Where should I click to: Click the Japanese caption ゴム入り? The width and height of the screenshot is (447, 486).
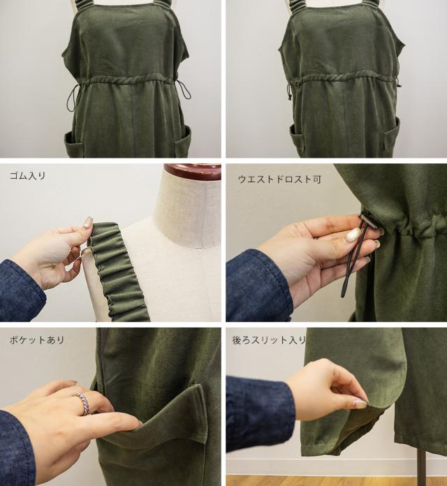[x=28, y=176]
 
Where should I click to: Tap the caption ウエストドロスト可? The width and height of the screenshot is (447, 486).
[x=279, y=179]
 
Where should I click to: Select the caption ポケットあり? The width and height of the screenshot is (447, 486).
[x=37, y=340]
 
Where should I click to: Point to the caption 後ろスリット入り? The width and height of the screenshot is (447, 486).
[x=269, y=340]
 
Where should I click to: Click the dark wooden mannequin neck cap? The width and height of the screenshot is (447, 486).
[x=193, y=172]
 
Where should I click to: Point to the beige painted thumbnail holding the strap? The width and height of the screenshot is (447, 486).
[x=88, y=221]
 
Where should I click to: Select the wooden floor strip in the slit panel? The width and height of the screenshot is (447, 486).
[x=337, y=480]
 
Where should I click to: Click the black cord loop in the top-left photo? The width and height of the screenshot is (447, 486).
[x=71, y=98]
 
